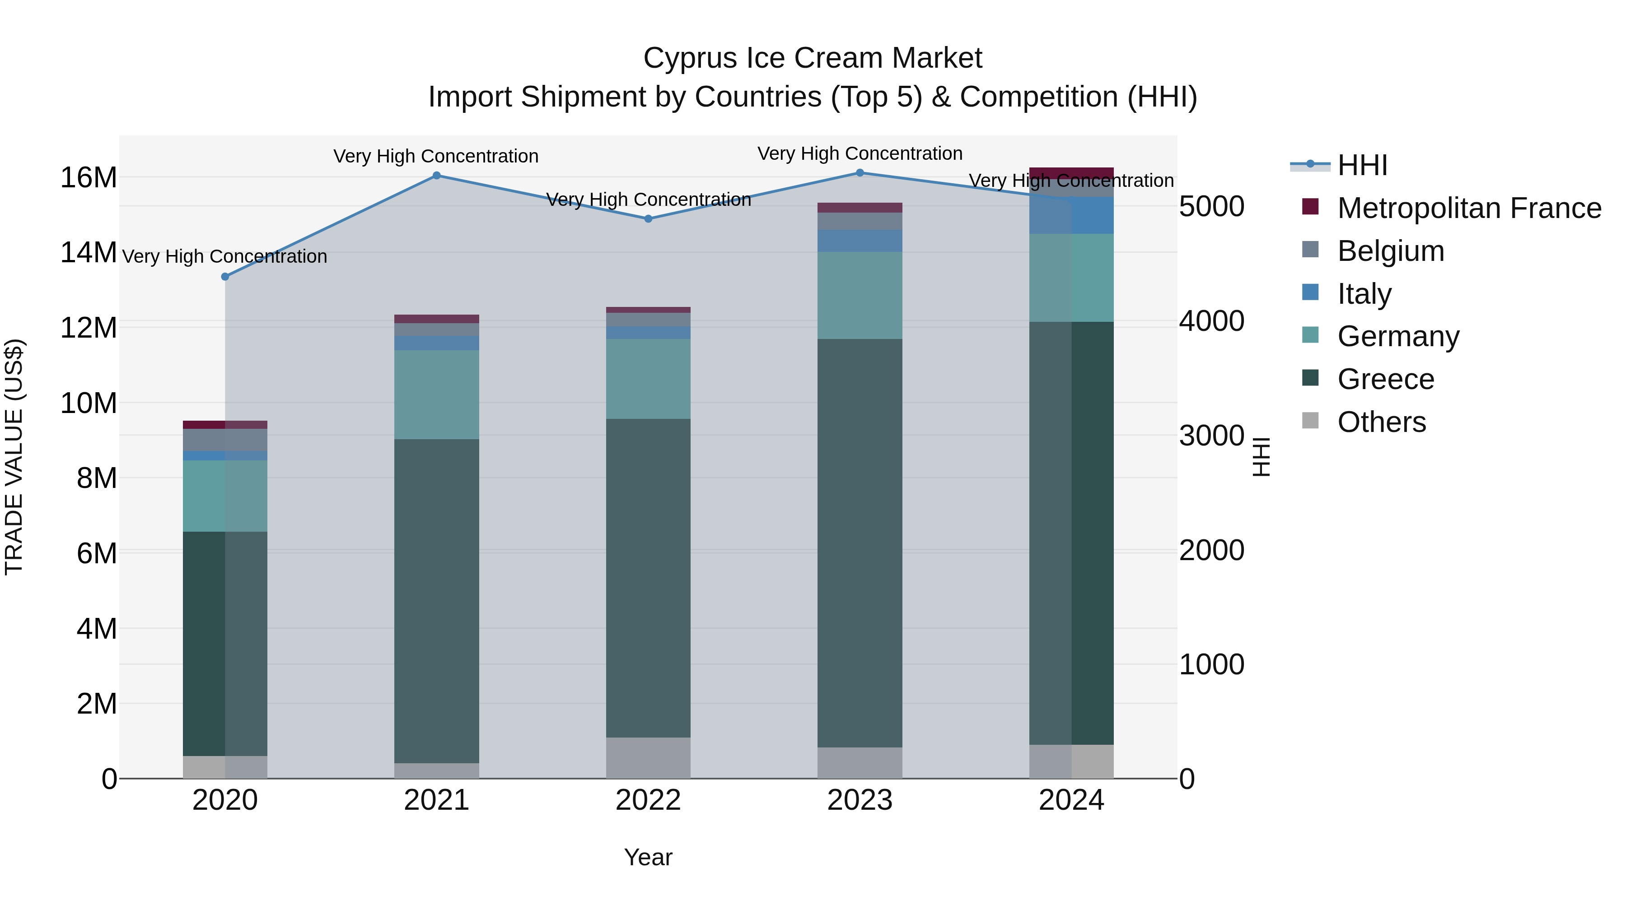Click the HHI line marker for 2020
(x=225, y=276)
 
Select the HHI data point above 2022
(x=648, y=219)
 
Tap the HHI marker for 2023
(x=860, y=172)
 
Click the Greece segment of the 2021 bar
(x=436, y=599)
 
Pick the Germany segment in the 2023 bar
(x=860, y=295)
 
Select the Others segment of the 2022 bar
(x=648, y=757)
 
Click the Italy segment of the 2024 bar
(x=1071, y=215)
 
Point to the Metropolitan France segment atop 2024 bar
(x=1071, y=173)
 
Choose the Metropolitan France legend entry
(x=1469, y=208)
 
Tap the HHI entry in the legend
(x=1362, y=165)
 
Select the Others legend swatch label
(x=1381, y=422)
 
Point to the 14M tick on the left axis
(x=89, y=252)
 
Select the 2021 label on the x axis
(x=436, y=800)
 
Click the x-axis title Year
(x=648, y=857)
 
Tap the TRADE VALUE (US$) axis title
(x=14, y=457)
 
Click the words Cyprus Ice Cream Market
(x=813, y=58)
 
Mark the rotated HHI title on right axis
(x=1261, y=457)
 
